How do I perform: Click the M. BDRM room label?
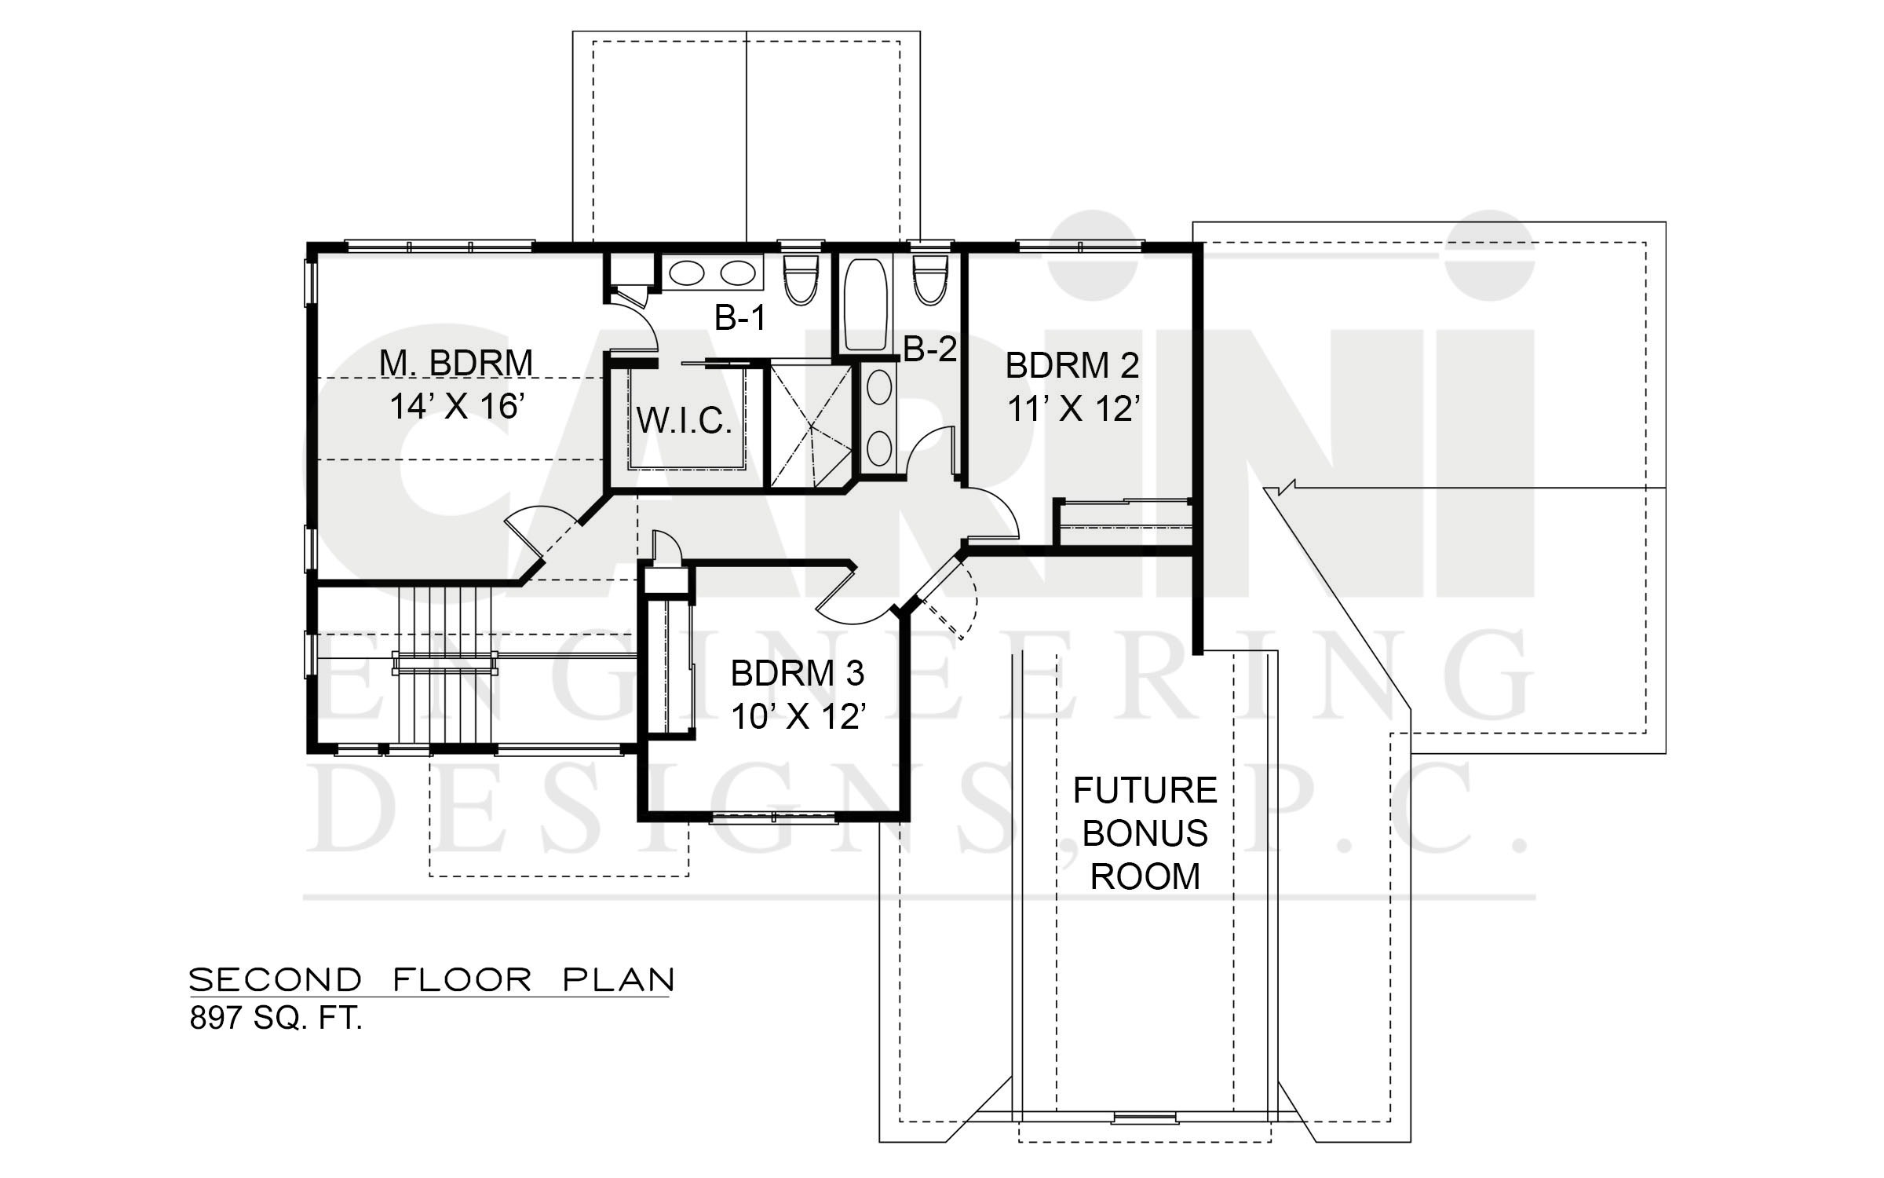pyautogui.click(x=456, y=363)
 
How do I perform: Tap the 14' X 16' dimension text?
pyautogui.click(x=456, y=406)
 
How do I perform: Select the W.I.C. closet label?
pyautogui.click(x=685, y=421)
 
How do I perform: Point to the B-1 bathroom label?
pyautogui.click(x=739, y=318)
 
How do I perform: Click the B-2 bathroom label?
pyautogui.click(x=931, y=349)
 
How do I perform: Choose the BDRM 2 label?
pyautogui.click(x=1072, y=366)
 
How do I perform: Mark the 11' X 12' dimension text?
pyautogui.click(x=1072, y=408)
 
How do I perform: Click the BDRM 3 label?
pyautogui.click(x=798, y=674)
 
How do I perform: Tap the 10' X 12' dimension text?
pyautogui.click(x=798, y=716)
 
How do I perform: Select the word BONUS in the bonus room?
pyautogui.click(x=1145, y=833)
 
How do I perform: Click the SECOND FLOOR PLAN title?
pyautogui.click(x=432, y=979)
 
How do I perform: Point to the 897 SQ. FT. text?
pyautogui.click(x=276, y=1019)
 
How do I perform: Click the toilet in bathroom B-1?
pyautogui.click(x=801, y=278)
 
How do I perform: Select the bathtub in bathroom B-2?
pyautogui.click(x=865, y=305)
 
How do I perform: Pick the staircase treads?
pyautogui.click(x=445, y=664)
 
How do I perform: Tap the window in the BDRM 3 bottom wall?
pyautogui.click(x=773, y=818)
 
